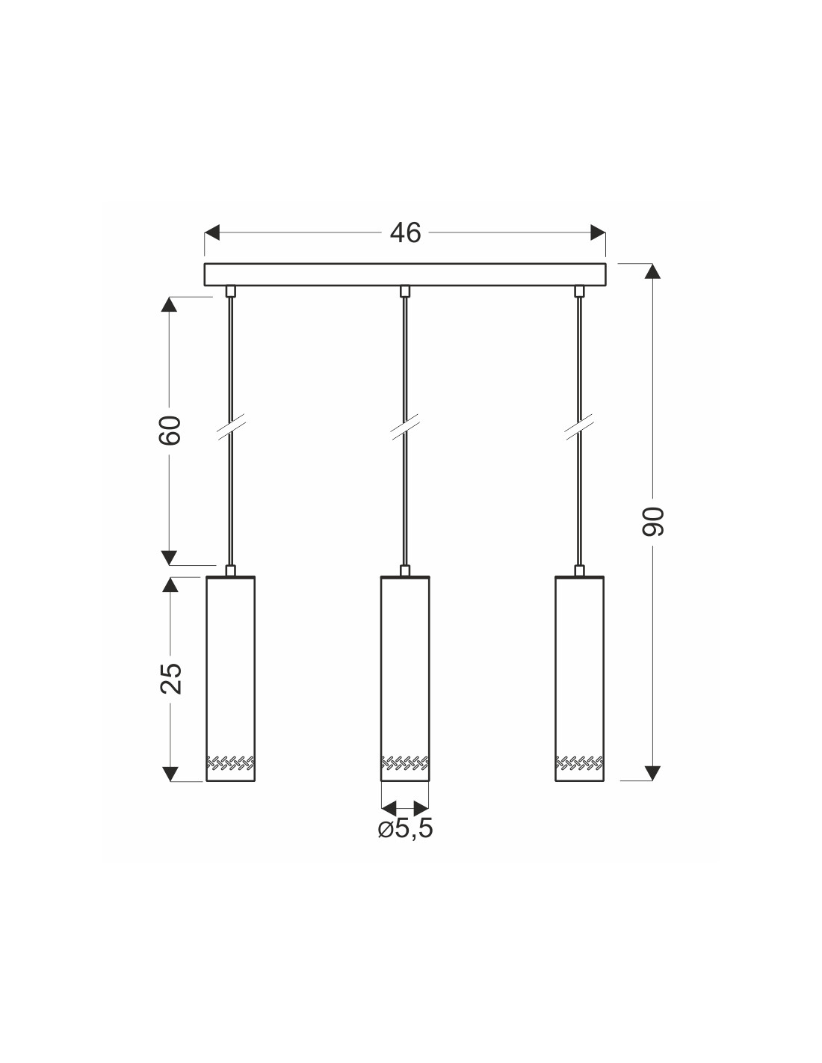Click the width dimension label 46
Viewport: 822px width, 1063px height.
coord(405,232)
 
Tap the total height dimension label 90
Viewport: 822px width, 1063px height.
coord(653,522)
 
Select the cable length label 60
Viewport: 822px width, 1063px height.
coord(170,431)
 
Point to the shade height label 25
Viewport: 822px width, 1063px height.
coord(170,679)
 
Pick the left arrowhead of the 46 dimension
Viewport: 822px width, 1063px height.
coord(211,232)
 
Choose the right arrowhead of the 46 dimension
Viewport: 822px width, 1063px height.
coord(598,232)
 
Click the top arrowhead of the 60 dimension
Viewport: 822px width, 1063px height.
coord(169,304)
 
